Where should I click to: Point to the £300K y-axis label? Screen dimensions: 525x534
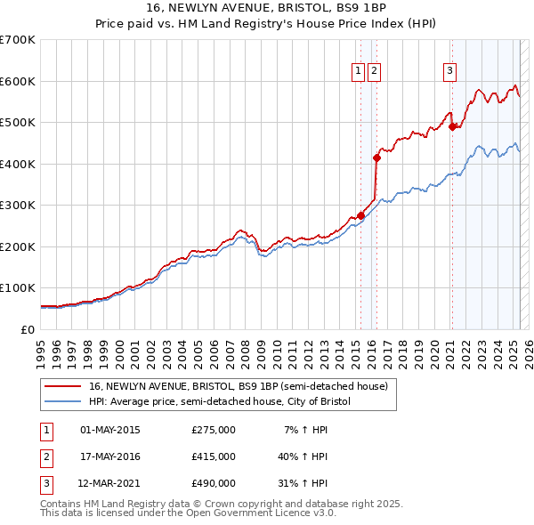coord(18,205)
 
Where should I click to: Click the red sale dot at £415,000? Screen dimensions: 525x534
coord(376,158)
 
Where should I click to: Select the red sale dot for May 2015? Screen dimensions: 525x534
coord(360,215)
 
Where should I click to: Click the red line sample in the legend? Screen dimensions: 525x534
coord(63,387)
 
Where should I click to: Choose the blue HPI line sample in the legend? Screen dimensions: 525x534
coord(63,402)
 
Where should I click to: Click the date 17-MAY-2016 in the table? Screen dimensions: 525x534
coord(110,456)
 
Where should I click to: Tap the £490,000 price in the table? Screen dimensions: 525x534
coord(213,483)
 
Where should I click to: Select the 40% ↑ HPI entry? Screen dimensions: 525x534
coord(303,456)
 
